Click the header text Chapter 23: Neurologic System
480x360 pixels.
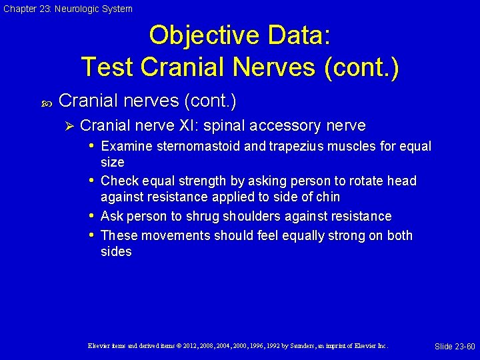(67, 9)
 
